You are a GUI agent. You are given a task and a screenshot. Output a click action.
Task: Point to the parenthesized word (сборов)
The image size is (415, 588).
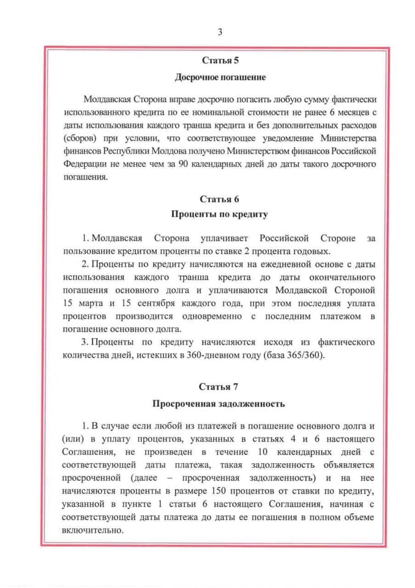[x=80, y=138]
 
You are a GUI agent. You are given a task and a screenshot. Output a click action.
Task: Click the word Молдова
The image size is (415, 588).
[x=179, y=151]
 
